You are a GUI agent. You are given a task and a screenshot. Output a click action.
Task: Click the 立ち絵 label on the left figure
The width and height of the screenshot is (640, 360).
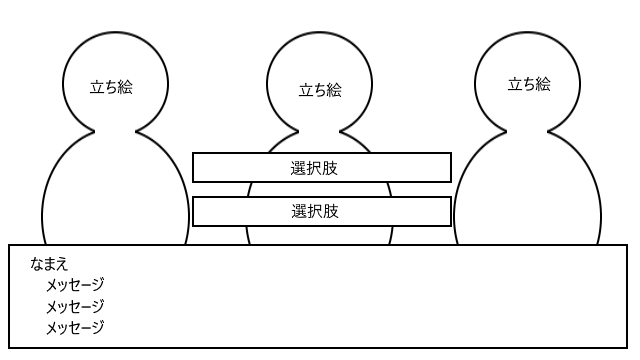click(x=111, y=87)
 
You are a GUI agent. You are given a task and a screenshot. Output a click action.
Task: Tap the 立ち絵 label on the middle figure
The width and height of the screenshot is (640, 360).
click(x=320, y=90)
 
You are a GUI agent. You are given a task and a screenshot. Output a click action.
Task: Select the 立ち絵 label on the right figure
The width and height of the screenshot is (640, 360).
click(x=529, y=84)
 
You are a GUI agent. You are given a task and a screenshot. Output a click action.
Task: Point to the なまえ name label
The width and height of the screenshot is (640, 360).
click(x=49, y=264)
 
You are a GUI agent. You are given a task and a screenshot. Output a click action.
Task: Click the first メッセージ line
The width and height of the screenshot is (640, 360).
click(x=75, y=284)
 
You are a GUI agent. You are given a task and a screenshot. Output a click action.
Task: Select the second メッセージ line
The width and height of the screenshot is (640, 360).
click(x=75, y=306)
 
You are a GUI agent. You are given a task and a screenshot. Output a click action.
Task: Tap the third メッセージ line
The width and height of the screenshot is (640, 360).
click(x=75, y=327)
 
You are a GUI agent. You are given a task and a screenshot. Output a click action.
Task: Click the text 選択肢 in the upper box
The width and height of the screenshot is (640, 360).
click(x=314, y=168)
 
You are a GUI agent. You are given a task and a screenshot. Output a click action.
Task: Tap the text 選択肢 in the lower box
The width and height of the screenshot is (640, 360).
click(x=315, y=211)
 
